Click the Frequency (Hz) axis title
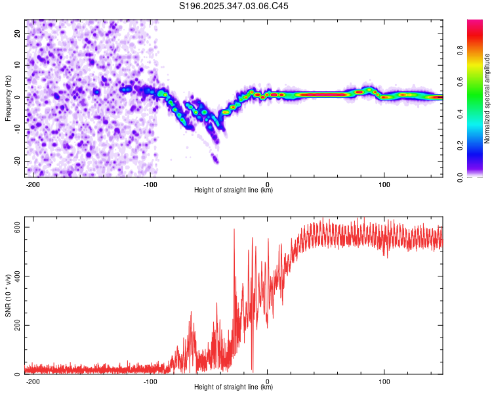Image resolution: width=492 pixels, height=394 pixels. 8,98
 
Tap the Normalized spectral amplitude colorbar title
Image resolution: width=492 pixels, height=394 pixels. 487,98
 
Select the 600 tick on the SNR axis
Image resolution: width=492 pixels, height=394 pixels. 16,227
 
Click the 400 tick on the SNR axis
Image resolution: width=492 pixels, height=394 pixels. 16,276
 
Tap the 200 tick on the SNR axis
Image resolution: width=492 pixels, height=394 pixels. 16,325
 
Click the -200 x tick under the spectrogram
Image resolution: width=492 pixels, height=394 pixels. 33,183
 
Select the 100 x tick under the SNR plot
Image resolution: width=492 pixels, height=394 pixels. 384,381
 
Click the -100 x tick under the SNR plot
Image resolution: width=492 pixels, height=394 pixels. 150,381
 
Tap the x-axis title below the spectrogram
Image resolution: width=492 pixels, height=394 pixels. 234,190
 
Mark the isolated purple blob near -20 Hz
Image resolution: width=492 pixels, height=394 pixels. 215,160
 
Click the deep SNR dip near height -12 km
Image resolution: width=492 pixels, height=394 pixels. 253,370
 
